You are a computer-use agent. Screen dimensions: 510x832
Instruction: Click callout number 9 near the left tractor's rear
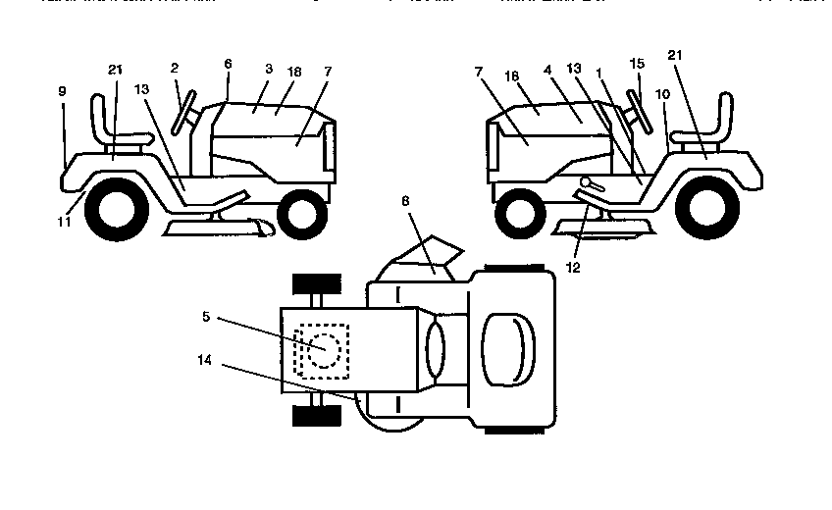click(62, 90)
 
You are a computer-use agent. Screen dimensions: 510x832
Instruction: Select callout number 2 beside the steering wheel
click(174, 68)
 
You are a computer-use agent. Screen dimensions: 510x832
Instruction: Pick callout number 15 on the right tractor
click(637, 64)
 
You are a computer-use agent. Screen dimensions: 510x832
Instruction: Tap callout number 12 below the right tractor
click(574, 266)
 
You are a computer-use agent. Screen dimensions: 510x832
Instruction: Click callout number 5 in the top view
click(205, 317)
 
